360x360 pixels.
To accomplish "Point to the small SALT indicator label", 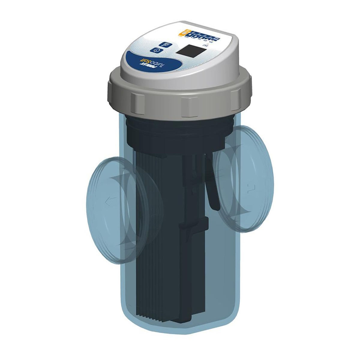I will [214, 46].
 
